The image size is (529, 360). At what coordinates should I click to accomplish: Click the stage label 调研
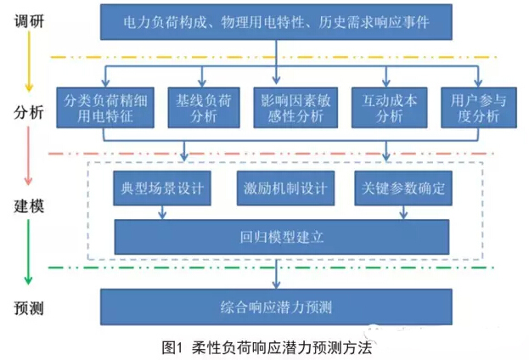tap(29, 18)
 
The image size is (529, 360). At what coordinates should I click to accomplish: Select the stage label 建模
tap(29, 206)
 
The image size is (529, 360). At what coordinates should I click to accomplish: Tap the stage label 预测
tap(29, 307)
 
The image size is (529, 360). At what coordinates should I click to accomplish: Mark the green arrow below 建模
tap(28, 255)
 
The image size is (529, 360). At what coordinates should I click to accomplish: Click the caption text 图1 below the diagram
tap(172, 347)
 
